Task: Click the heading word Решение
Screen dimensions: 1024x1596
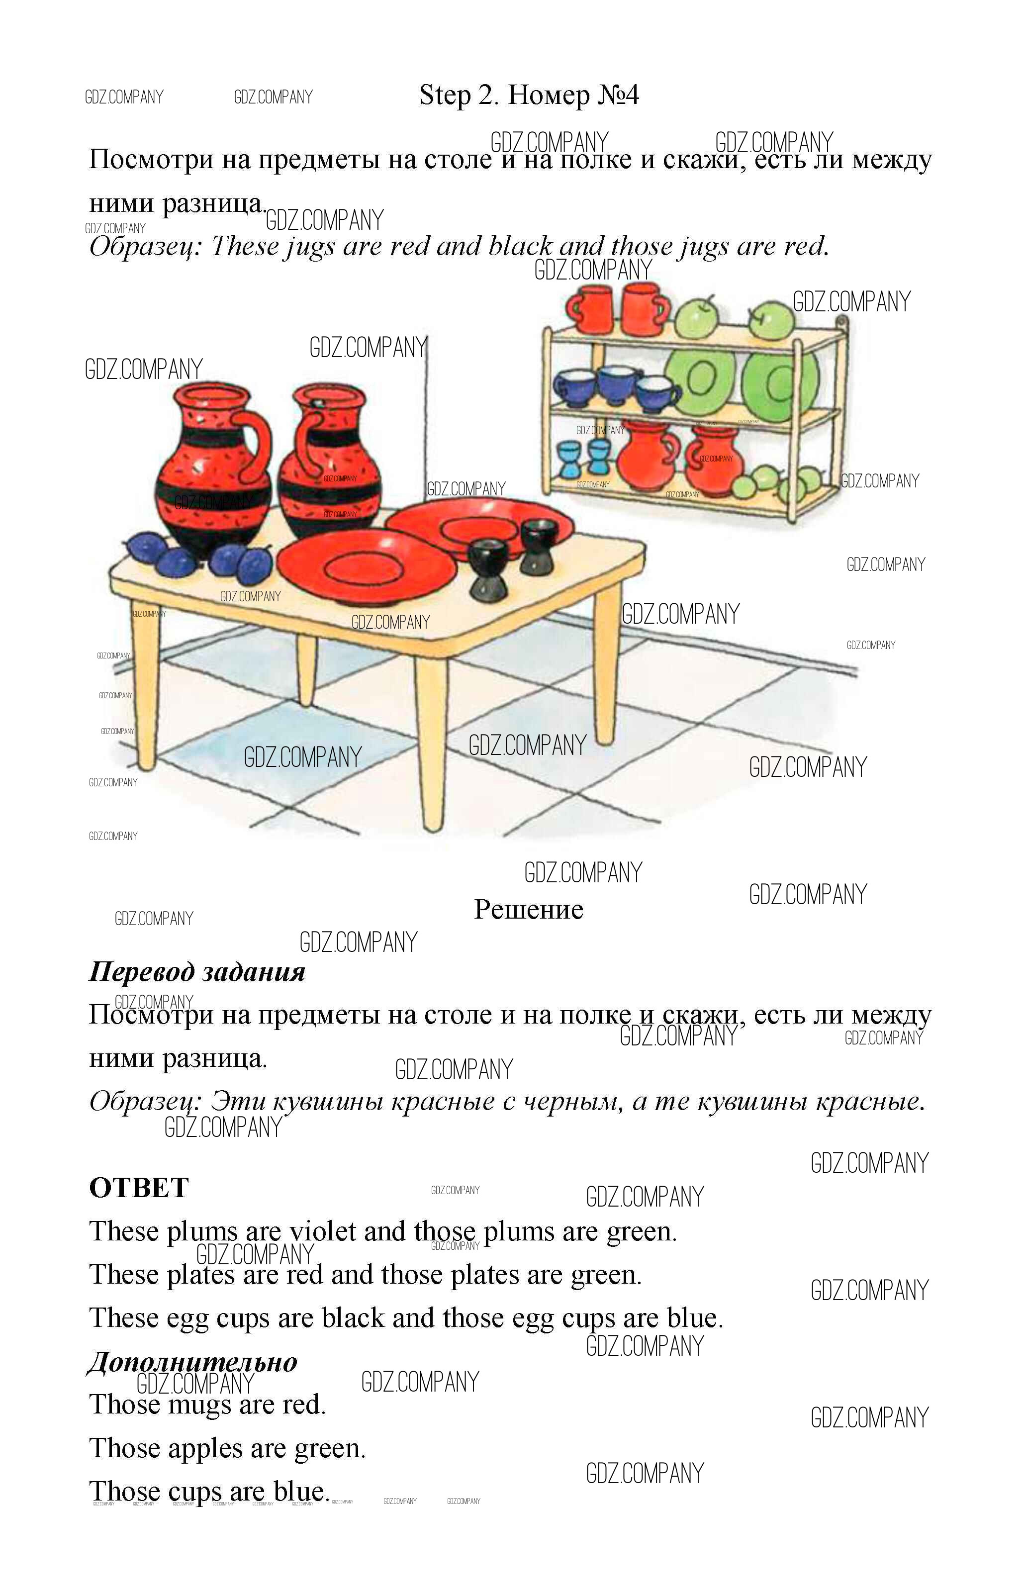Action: [x=529, y=910]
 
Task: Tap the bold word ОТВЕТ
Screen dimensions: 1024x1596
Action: [x=139, y=1188]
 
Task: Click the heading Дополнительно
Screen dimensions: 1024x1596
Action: [x=193, y=1361]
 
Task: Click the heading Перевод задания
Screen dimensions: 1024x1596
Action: [x=197, y=972]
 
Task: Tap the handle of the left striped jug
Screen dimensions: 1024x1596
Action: [x=256, y=442]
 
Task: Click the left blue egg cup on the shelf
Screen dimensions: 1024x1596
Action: [x=570, y=460]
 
